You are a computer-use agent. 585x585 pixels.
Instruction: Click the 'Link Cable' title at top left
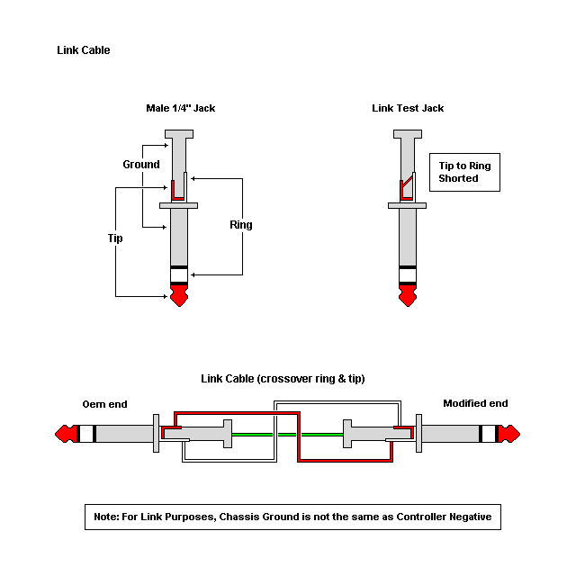[x=83, y=50]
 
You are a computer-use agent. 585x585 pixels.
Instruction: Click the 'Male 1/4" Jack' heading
[x=180, y=108]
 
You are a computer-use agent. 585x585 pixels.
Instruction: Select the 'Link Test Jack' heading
[x=408, y=108]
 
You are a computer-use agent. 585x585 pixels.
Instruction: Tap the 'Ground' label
[x=141, y=165]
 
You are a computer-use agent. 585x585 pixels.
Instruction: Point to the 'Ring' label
[x=241, y=225]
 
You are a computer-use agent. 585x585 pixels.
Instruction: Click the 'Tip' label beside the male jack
[x=114, y=238]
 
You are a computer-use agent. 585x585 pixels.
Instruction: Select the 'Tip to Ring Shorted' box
[x=464, y=172]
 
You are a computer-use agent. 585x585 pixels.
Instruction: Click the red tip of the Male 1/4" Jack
[x=179, y=295]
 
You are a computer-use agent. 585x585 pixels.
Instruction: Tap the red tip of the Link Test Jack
[x=408, y=295]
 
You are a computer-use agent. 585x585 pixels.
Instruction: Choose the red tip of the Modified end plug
[x=508, y=435]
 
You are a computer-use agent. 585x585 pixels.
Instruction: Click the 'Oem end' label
[x=106, y=403]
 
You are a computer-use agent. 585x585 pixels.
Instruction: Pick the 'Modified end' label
[x=475, y=403]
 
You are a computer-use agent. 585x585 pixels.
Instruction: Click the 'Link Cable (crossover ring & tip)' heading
[x=283, y=378]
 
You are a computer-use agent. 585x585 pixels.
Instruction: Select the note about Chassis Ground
[x=292, y=517]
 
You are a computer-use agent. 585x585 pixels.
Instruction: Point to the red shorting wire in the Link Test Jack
[x=406, y=187]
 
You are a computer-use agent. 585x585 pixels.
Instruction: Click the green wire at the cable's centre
[x=286, y=435]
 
